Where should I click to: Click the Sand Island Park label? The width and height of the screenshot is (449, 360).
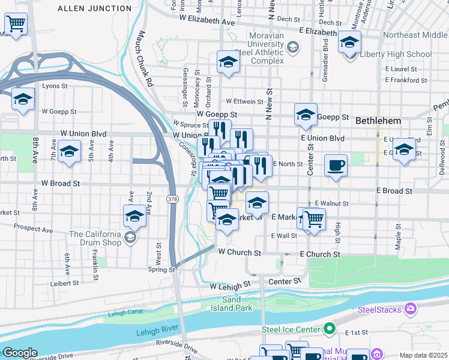[x=231, y=304]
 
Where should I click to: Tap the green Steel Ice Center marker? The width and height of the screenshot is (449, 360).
[x=330, y=328]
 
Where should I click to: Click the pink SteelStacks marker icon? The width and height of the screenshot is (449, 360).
[x=411, y=309]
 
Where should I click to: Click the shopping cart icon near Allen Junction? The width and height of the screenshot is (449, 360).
[x=15, y=24]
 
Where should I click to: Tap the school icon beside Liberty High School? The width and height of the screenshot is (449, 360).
[x=349, y=43]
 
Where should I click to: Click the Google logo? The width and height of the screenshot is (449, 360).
[x=20, y=353]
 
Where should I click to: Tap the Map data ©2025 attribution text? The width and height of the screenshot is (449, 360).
[x=423, y=355]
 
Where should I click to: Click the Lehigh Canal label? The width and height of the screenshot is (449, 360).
[x=128, y=313]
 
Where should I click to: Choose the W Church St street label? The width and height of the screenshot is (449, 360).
[x=240, y=253]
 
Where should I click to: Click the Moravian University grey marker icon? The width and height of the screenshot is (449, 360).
[x=292, y=47]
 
